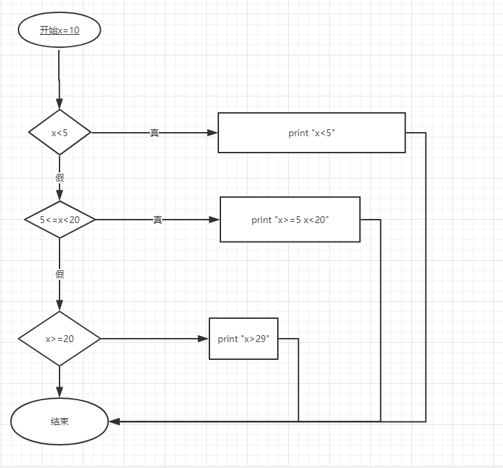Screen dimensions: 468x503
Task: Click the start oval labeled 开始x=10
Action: click(60, 30)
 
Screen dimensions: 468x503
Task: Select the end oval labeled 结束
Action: click(60, 421)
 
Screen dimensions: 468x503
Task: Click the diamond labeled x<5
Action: click(60, 132)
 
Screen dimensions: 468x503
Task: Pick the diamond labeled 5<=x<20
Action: click(60, 220)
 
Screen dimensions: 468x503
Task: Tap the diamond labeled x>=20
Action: click(60, 339)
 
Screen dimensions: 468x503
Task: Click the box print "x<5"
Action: click(311, 133)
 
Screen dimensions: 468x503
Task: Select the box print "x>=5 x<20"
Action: click(289, 220)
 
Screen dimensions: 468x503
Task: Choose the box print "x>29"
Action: click(244, 339)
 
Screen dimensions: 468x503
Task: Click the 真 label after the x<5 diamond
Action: click(155, 133)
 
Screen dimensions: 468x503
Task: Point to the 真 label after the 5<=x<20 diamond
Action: click(157, 220)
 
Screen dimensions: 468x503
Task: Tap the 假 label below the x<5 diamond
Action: click(60, 177)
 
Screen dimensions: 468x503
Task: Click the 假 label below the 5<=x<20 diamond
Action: click(60, 274)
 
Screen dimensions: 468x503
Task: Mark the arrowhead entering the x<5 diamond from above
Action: click(60, 103)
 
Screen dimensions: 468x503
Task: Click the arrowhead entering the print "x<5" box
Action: click(211, 133)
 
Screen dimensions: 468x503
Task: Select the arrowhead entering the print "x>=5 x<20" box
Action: click(214, 220)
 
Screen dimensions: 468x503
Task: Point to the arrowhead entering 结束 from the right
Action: click(115, 421)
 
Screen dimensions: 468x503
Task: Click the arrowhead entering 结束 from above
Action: click(60, 392)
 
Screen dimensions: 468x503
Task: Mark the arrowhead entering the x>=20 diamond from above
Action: click(60, 305)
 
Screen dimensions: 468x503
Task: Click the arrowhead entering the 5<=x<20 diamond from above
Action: click(60, 196)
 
